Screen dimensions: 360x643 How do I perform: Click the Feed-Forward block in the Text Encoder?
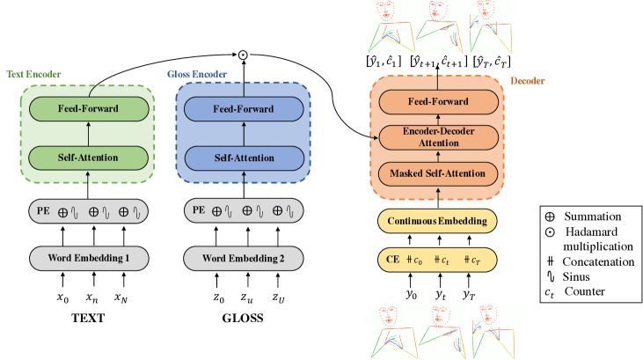click(x=88, y=109)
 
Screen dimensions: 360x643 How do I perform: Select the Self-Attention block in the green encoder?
click(x=88, y=158)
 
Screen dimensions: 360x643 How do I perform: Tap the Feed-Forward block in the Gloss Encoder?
click(x=243, y=109)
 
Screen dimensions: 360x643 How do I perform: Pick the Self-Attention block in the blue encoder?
click(x=243, y=158)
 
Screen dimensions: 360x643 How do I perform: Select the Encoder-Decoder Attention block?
click(x=437, y=138)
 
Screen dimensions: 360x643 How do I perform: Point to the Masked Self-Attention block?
click(x=437, y=173)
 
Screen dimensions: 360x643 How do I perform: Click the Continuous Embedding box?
click(x=437, y=220)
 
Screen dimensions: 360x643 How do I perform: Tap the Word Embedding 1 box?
click(x=89, y=259)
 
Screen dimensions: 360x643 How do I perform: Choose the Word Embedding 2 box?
click(x=244, y=259)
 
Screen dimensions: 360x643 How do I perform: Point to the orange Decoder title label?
click(x=527, y=82)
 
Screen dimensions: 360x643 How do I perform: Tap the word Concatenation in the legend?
click(x=601, y=261)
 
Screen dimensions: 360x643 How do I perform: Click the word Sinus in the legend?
click(x=580, y=276)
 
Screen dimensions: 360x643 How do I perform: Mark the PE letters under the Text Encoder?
click(x=44, y=211)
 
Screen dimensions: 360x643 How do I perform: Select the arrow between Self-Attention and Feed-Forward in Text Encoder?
click(x=88, y=134)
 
